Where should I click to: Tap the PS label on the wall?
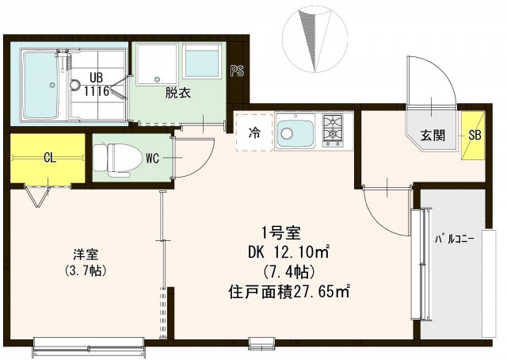236,71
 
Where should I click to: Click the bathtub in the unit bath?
38,84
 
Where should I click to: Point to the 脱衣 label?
177,92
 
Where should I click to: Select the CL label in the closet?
49,158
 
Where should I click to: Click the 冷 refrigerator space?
255,132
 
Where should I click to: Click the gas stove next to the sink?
333,129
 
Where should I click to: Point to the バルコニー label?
455,239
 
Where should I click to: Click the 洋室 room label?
86,255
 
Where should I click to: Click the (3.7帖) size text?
86,270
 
